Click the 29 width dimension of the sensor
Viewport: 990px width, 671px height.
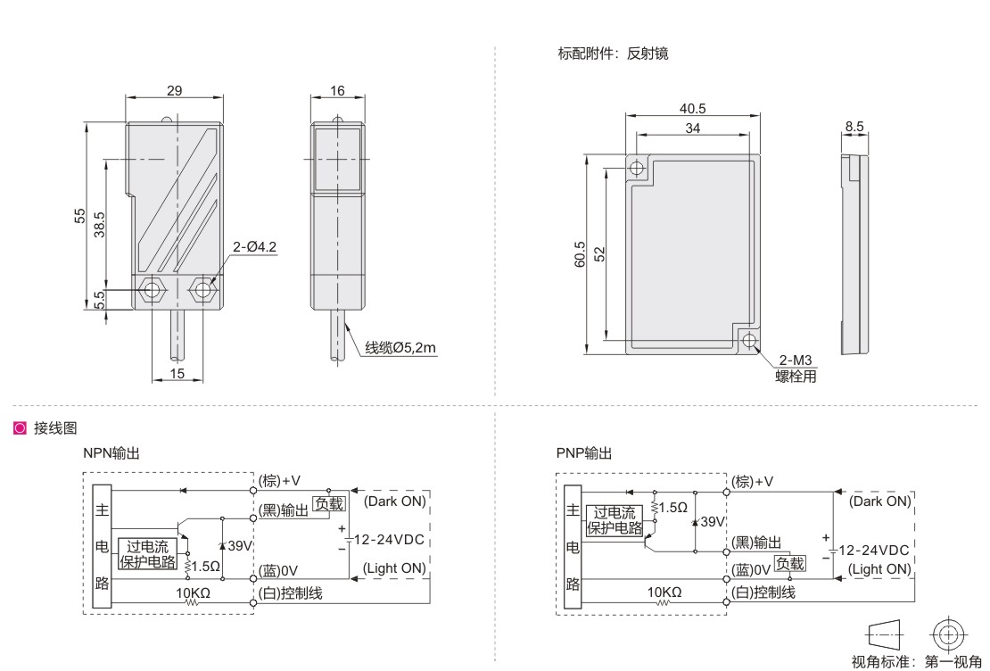point(175,91)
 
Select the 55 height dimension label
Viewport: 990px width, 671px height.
point(79,215)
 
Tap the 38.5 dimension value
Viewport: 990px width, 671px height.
point(100,223)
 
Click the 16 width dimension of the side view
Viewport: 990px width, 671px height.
point(336,91)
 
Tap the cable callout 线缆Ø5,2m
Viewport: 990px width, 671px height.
point(400,348)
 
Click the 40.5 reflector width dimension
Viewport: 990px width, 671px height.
point(692,109)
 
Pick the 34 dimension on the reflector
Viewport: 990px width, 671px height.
point(692,128)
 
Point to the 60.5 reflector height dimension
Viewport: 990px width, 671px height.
point(581,254)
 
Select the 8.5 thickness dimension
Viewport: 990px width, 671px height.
point(854,128)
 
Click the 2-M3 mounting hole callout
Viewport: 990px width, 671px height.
point(796,360)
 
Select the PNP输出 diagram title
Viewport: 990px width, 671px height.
point(583,453)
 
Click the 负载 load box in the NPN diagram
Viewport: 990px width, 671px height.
point(326,504)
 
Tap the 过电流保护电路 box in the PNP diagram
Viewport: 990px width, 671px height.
point(615,519)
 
